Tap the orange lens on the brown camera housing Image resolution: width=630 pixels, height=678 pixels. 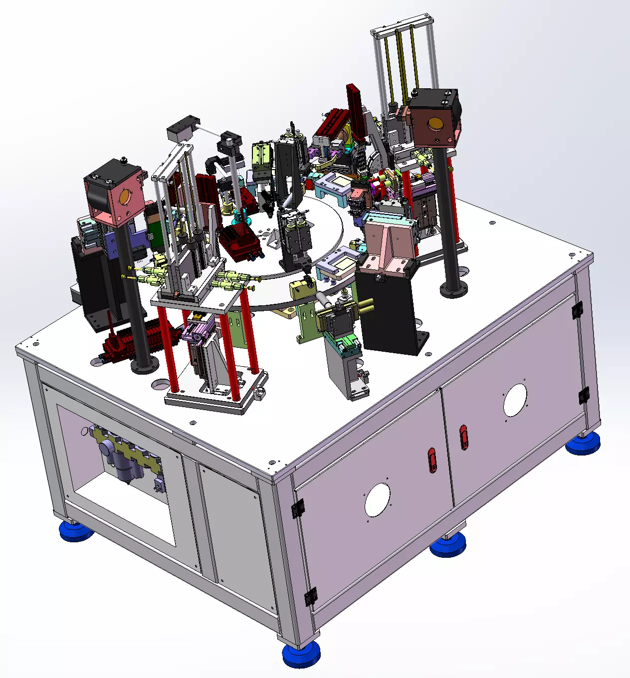tap(434, 123)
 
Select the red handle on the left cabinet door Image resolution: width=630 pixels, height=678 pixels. tap(432, 460)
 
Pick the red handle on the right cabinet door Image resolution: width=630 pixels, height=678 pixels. tap(464, 437)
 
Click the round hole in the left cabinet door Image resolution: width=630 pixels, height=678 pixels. tap(377, 500)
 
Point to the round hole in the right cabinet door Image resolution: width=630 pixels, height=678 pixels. tap(515, 400)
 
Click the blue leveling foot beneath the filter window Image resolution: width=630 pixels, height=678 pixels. tap(76, 530)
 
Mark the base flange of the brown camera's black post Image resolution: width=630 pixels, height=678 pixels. tap(453, 289)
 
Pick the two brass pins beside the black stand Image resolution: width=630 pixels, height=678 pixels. tap(366, 305)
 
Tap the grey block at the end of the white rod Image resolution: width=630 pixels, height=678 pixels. tap(182, 129)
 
